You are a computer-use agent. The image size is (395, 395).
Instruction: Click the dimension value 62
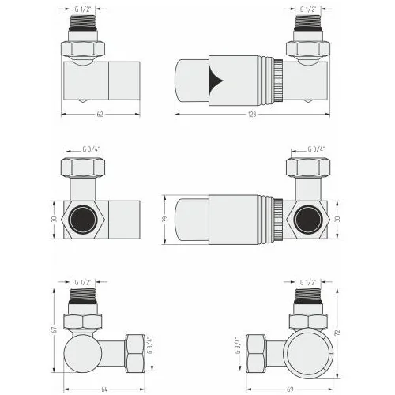tap(100, 115)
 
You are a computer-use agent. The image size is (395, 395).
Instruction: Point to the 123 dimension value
tap(252, 115)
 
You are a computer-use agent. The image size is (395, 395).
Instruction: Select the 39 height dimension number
tap(165, 219)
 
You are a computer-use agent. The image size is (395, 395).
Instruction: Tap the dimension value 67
tap(55, 330)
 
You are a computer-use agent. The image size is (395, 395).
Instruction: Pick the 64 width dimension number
tap(104, 389)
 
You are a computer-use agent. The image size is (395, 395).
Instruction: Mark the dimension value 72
tap(338, 333)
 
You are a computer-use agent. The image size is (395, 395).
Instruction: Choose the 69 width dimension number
tap(290, 389)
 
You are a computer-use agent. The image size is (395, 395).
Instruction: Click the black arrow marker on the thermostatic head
tap(216, 81)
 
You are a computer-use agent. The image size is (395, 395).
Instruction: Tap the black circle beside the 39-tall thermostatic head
tap(308, 220)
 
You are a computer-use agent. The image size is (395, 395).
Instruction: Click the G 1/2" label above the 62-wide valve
tap(83, 9)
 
